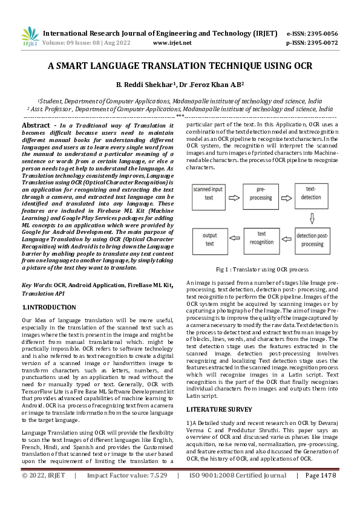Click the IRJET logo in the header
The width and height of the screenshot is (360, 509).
coord(30,37)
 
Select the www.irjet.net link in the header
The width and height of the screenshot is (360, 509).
coord(172,43)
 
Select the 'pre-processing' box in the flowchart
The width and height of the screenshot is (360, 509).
coord(259,193)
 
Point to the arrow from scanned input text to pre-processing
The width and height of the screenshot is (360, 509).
coord(234,193)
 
